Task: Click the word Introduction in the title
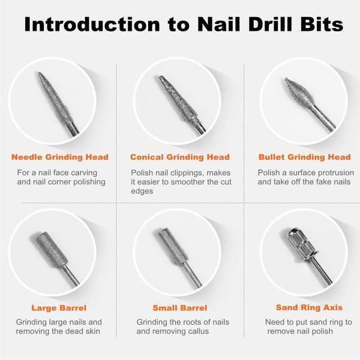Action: tap(92, 24)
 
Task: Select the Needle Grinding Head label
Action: tap(60, 157)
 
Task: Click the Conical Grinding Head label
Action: tap(180, 157)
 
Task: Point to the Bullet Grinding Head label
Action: tap(305, 157)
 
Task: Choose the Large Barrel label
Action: tap(59, 308)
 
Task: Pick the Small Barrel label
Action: tap(180, 308)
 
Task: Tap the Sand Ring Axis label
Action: tap(309, 307)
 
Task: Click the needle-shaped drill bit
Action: tap(58, 103)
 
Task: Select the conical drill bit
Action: tap(180, 103)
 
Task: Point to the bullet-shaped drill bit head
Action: tap(298, 92)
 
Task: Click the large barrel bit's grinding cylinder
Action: tap(52, 250)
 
